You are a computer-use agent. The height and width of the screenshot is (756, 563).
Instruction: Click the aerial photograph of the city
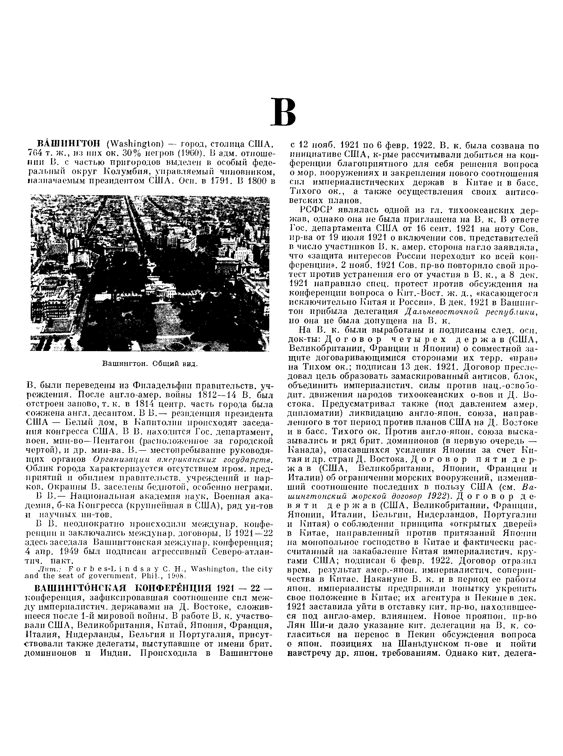pos(150,273)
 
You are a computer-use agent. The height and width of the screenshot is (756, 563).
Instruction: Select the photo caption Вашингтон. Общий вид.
pos(150,364)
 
